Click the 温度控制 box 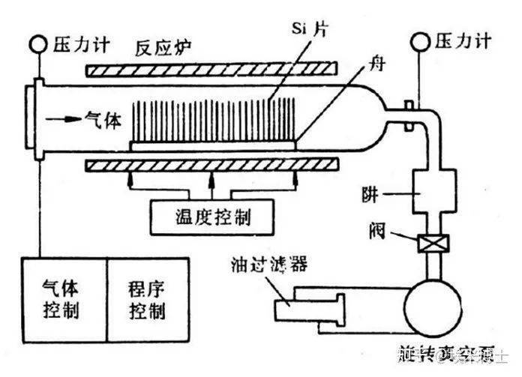(211, 218)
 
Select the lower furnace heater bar (211, 164)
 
